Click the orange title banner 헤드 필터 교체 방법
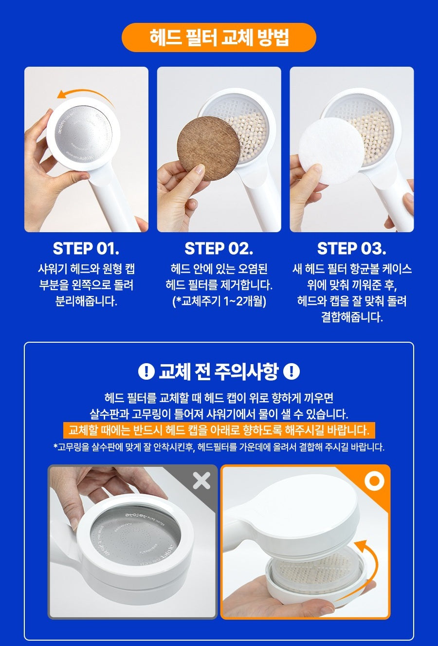click(x=219, y=37)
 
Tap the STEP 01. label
click(x=86, y=248)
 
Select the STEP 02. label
click(x=219, y=248)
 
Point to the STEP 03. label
click(x=351, y=248)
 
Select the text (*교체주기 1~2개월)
click(x=219, y=301)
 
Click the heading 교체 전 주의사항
click(x=219, y=371)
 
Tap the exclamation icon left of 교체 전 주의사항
click(x=146, y=371)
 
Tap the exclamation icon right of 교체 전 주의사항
click(x=291, y=371)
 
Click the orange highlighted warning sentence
click(x=219, y=430)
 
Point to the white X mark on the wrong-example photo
click(x=201, y=481)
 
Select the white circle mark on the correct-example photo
click(x=374, y=481)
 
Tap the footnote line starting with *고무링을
click(x=219, y=447)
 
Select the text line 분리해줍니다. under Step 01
click(x=86, y=301)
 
